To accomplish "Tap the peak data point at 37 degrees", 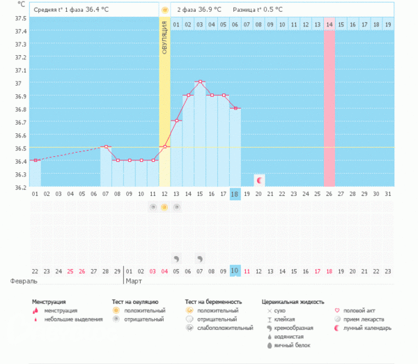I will pos(200,82).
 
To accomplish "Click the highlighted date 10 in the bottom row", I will pos(235,271).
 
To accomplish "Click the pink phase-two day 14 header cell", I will pos(330,24).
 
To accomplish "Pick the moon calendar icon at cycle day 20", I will pos(259,180).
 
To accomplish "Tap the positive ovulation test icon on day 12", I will pos(164,207).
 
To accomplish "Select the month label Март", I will pos(134,282).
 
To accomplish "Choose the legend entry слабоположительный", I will pos(224,328).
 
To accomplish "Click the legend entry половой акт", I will pos(362,310).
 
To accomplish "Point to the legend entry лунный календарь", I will pos(366,328).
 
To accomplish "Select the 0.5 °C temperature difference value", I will pos(271,10).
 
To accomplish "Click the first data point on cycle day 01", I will pos(36,160).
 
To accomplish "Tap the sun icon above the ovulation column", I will pos(164,10).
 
